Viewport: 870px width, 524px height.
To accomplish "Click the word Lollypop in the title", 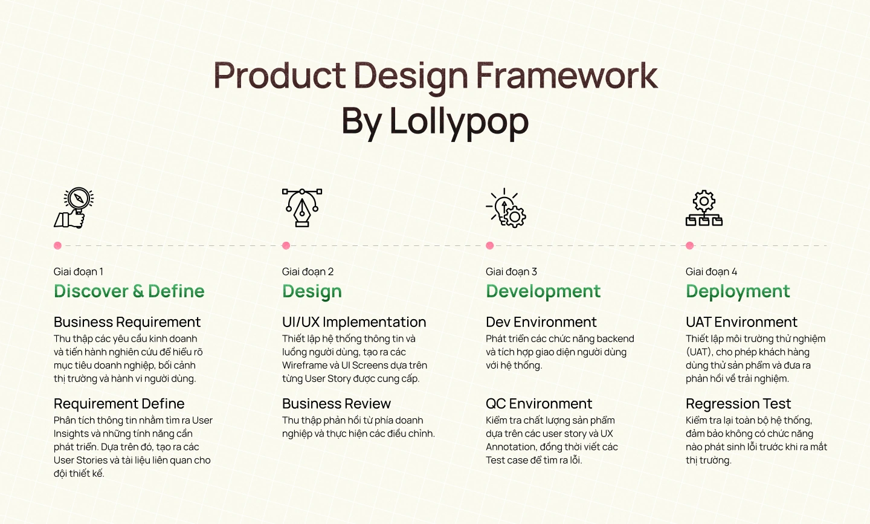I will (459, 121).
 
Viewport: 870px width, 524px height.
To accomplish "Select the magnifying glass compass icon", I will (74, 207).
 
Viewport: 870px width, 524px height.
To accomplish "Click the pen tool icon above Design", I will (302, 207).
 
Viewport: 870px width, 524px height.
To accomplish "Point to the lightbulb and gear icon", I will (506, 208).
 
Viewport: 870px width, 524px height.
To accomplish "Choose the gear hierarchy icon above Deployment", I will (704, 209).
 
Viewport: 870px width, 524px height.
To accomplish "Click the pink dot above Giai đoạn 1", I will (57, 245).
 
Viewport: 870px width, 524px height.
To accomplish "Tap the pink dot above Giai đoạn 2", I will (286, 245).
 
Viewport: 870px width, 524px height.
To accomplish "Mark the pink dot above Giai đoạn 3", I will (490, 245).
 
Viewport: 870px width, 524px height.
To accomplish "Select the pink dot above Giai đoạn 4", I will (690, 245).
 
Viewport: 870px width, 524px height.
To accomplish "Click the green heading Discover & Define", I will (129, 291).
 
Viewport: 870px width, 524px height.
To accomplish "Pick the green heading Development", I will (543, 291).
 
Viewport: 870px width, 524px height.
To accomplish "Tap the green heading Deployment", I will (738, 291).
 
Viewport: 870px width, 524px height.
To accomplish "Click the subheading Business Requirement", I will (127, 322).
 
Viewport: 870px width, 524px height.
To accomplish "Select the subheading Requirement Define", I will (119, 404).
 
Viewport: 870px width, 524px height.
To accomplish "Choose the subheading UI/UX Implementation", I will (354, 322).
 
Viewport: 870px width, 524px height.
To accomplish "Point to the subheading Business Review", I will (337, 404).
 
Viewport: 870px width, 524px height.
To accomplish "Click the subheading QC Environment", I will (539, 404).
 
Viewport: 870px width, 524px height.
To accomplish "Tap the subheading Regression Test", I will (738, 404).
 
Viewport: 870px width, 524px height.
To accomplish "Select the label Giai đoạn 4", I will (711, 272).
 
